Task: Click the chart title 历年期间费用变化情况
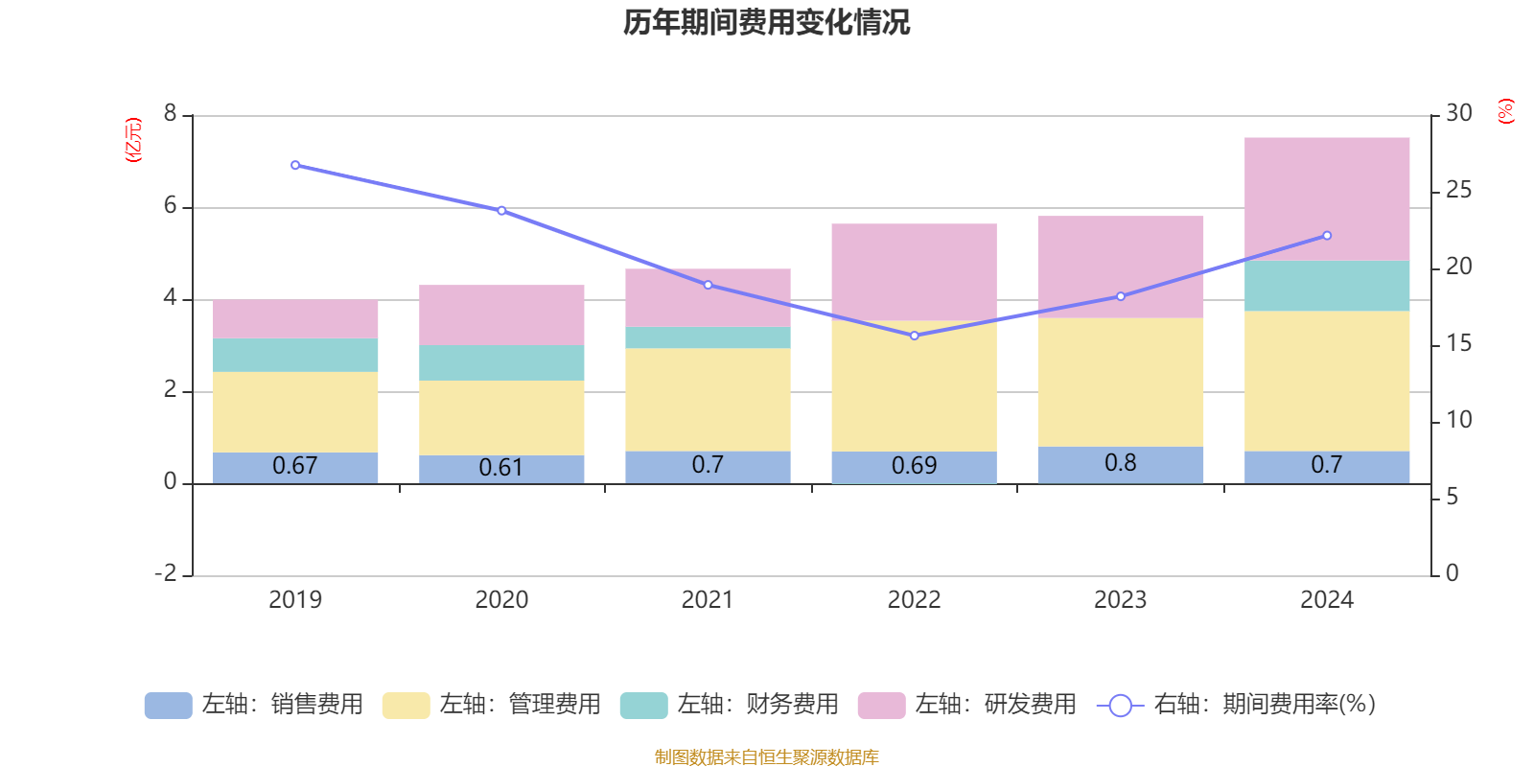[x=766, y=22]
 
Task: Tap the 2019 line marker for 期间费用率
[x=295, y=165]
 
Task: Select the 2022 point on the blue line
[x=914, y=336]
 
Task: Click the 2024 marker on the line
[x=1327, y=236]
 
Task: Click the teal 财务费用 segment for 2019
[x=295, y=355]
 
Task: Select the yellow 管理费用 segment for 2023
[x=1120, y=382]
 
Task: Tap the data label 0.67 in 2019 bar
[x=295, y=466]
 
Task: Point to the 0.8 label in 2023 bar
[x=1120, y=463]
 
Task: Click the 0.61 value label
[x=500, y=468]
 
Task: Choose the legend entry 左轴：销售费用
[x=255, y=705]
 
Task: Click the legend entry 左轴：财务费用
[x=731, y=705]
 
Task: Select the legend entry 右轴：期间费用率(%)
[x=1237, y=705]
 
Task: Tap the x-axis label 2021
[x=708, y=600]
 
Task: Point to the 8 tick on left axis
[x=171, y=114]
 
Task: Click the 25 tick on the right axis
[x=1458, y=191]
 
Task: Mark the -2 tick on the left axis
[x=166, y=573]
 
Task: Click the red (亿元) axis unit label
[x=133, y=140]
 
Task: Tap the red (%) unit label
[x=1506, y=111]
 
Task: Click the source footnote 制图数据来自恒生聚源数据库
[x=766, y=757]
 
